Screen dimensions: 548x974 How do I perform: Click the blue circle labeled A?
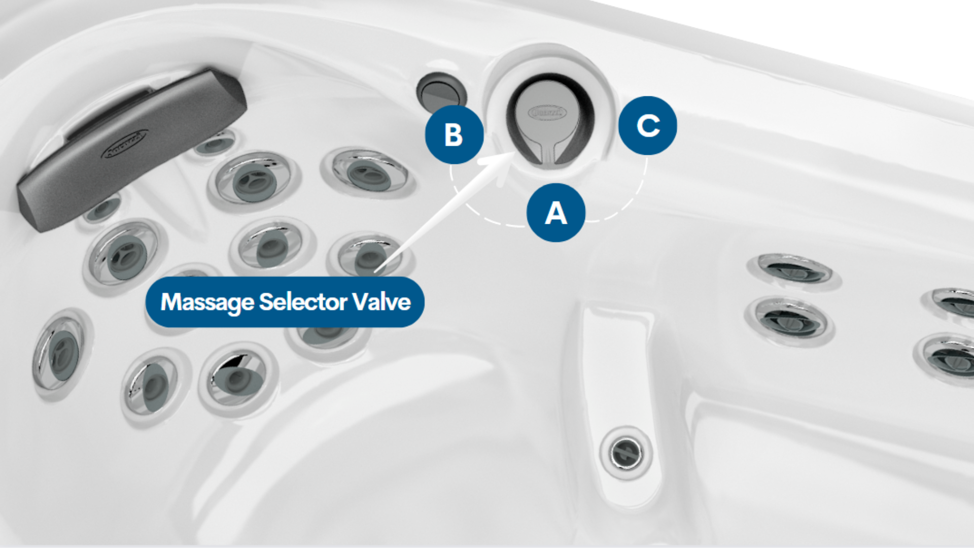click(556, 213)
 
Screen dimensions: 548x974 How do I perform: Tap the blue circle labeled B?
click(454, 134)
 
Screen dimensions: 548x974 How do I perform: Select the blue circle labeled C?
click(648, 125)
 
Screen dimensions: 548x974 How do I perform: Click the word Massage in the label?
click(207, 302)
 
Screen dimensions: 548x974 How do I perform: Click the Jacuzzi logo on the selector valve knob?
click(546, 112)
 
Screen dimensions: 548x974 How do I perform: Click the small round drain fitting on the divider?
click(625, 452)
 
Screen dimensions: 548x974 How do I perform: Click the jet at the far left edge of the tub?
click(58, 353)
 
